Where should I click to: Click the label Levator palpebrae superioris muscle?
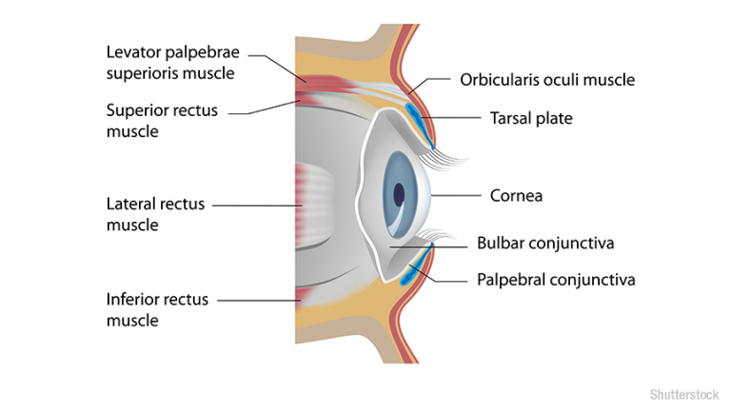click(x=170, y=62)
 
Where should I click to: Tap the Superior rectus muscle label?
click(x=162, y=121)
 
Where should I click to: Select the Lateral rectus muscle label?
click(x=155, y=214)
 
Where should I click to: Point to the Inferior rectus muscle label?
click(x=158, y=309)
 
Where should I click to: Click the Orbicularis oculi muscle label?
click(x=546, y=80)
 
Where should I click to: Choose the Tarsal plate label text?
click(x=531, y=118)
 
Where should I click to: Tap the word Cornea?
click(x=516, y=196)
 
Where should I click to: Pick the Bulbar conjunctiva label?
click(x=545, y=243)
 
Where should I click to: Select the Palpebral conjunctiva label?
click(x=555, y=279)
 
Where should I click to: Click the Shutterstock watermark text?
click(x=683, y=394)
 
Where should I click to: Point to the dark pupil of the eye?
click(x=398, y=194)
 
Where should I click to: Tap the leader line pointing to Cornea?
click(x=457, y=195)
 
